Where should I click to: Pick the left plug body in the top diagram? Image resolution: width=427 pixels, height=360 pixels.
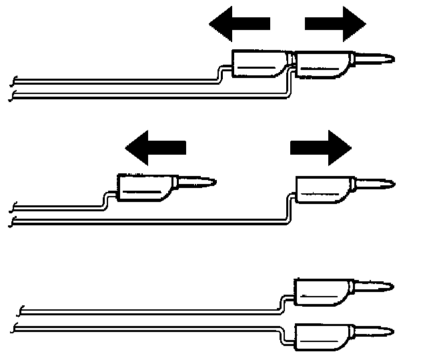261,65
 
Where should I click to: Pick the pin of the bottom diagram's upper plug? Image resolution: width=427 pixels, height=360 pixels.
374,287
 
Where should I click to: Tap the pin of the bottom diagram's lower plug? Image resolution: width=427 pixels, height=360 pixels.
374,330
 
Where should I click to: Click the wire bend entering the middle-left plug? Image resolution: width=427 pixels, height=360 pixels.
105,199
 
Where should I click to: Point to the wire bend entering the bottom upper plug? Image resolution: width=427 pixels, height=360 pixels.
286,304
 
